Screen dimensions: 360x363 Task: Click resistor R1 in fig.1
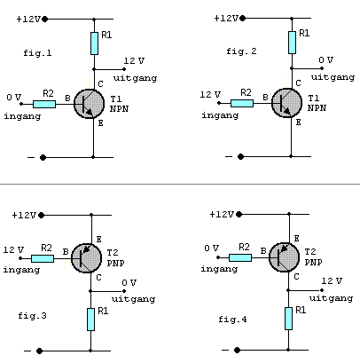(x=94, y=43)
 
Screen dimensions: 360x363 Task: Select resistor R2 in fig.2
(x=242, y=103)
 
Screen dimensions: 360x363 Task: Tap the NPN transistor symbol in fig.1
(x=89, y=104)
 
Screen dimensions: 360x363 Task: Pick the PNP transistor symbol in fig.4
(x=284, y=257)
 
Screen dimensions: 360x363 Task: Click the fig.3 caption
(x=32, y=316)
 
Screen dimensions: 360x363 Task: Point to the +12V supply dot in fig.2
(x=243, y=19)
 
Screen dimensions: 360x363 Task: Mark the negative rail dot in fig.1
(x=43, y=157)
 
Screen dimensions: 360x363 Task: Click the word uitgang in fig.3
(x=133, y=299)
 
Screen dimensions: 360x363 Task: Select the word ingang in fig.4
(x=219, y=269)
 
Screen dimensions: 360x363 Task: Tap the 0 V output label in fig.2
(x=326, y=60)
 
